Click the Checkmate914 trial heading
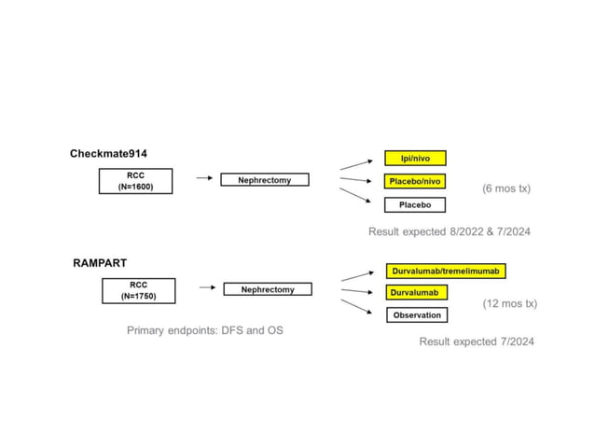click(110, 153)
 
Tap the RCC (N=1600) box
click(135, 181)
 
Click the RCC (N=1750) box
click(138, 291)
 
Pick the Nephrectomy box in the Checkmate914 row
click(264, 180)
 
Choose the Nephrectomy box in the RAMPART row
click(268, 289)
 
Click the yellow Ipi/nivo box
click(415, 159)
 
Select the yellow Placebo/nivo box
click(415, 181)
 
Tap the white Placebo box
click(415, 204)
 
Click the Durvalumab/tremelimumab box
click(446, 271)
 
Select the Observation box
click(417, 315)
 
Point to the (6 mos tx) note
click(505, 188)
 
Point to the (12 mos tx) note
click(509, 303)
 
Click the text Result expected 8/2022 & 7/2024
click(449, 231)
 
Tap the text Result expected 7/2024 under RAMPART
click(477, 341)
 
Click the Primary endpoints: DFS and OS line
click(204, 330)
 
